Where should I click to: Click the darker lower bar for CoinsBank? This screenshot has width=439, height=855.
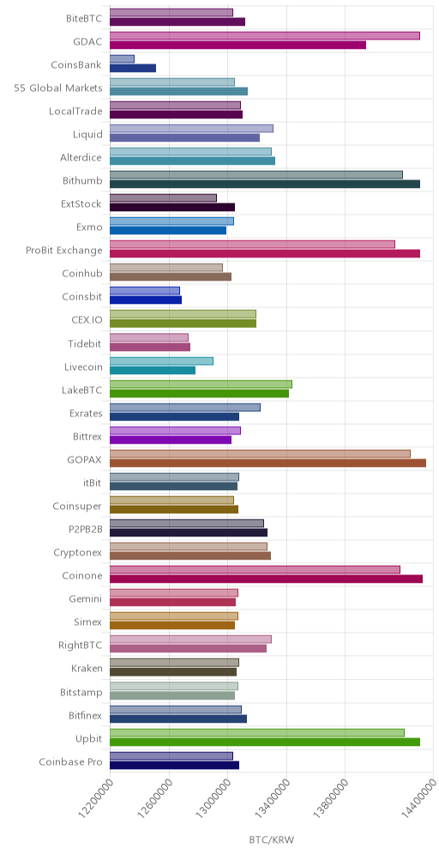pyautogui.click(x=133, y=68)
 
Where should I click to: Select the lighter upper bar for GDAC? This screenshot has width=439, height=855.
pyautogui.click(x=265, y=35)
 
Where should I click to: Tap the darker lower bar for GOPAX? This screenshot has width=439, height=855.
pyautogui.click(x=268, y=463)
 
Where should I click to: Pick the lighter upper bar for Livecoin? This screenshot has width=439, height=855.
pyautogui.click(x=162, y=361)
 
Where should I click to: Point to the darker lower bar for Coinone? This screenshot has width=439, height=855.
pyautogui.click(x=267, y=579)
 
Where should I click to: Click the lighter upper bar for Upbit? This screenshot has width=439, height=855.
pyautogui.click(x=257, y=732)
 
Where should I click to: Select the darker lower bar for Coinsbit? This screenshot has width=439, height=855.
pyautogui.click(x=146, y=300)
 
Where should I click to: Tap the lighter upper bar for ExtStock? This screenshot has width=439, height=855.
pyautogui.click(x=164, y=198)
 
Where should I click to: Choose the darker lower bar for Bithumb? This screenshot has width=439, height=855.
pyautogui.click(x=265, y=184)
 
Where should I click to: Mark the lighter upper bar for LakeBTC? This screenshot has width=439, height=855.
pyautogui.click(x=201, y=385)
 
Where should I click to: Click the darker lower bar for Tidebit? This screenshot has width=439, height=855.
pyautogui.click(x=150, y=347)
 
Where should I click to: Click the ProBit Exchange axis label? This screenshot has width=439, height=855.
pyautogui.click(x=63, y=251)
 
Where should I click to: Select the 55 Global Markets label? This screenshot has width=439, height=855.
pyautogui.click(x=58, y=88)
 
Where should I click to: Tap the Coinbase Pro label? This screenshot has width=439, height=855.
pyautogui.click(x=71, y=761)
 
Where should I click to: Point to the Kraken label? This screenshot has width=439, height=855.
pyautogui.click(x=87, y=669)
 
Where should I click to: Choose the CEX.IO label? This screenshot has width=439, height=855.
pyautogui.click(x=87, y=319)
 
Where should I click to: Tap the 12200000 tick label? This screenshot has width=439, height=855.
pyautogui.click(x=96, y=800)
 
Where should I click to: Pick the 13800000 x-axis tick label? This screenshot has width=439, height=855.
pyautogui.click(x=332, y=800)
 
